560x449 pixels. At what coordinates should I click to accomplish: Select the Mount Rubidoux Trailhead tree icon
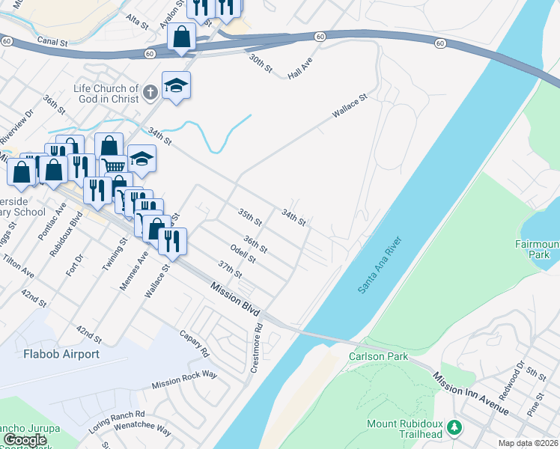coord(454,428)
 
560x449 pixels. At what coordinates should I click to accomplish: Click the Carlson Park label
coord(378,356)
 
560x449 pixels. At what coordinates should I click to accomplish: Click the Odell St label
coord(244,254)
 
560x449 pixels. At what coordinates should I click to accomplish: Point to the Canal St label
coord(52,43)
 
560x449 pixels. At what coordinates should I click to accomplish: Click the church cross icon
coord(150,92)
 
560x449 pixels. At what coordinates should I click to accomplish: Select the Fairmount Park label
coord(537,249)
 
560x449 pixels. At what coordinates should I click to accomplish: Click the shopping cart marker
coord(113,165)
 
